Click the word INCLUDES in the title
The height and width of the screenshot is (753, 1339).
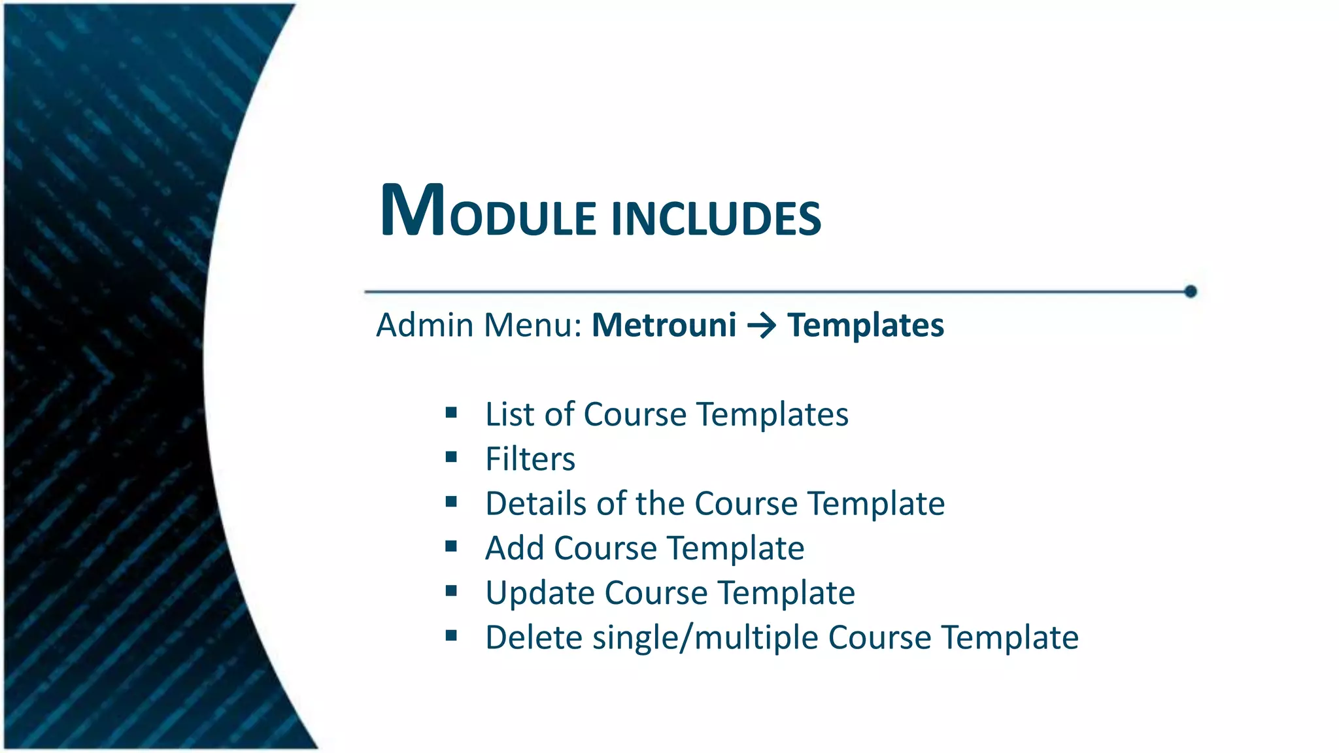click(716, 218)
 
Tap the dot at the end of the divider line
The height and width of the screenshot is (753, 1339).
click(1191, 292)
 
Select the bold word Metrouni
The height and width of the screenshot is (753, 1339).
click(664, 325)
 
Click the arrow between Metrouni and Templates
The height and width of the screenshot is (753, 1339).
click(762, 326)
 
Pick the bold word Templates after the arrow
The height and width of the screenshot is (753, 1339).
click(866, 325)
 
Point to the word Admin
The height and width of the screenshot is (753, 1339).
click(425, 325)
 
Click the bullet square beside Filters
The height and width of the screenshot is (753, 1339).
click(451, 458)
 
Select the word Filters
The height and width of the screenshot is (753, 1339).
click(530, 459)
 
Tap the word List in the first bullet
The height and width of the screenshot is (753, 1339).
click(509, 414)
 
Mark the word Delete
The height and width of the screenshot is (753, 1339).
click(534, 637)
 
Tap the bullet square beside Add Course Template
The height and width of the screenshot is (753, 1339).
click(451, 546)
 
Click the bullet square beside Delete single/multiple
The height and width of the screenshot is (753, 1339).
click(451, 635)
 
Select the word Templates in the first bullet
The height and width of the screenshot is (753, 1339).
click(772, 414)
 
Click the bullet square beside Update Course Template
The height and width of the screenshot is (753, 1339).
click(451, 592)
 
